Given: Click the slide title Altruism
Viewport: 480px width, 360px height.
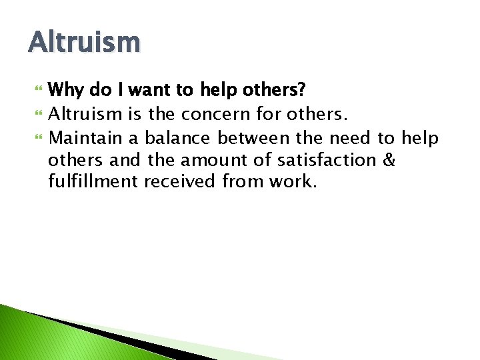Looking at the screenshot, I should coord(85,43).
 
